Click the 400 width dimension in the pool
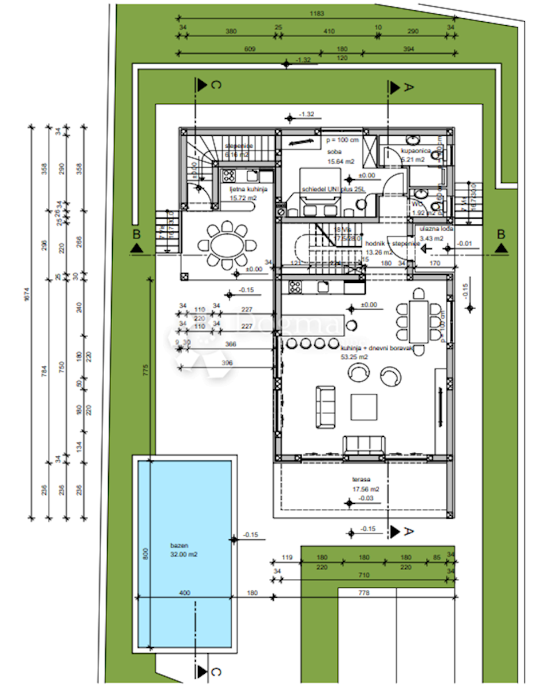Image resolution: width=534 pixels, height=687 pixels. click(x=184, y=593)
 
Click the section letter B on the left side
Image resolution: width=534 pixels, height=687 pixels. click(x=136, y=234)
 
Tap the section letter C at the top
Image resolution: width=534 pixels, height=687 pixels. click(x=216, y=86)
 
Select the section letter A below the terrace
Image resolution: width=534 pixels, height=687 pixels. click(x=409, y=531)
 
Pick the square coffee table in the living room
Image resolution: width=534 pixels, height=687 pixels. click(x=364, y=407)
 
